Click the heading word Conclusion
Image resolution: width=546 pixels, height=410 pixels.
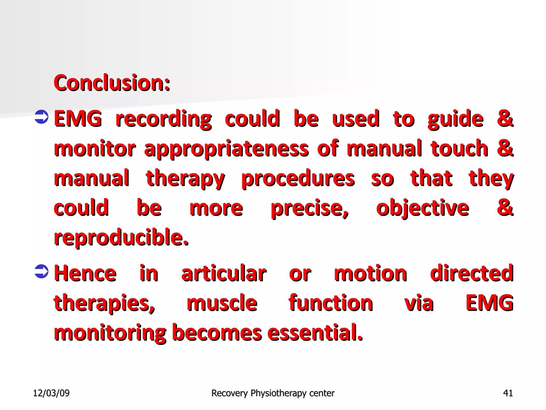pos(112,83)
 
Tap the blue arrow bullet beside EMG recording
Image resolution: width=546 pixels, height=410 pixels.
pos(42,117)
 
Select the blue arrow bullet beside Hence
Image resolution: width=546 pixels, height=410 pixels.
pos(42,271)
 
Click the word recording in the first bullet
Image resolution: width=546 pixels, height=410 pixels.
pos(164,119)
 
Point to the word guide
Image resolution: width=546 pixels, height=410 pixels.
pos(455,119)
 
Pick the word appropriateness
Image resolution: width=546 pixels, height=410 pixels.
pos(226,149)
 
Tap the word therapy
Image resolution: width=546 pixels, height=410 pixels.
pos(185,179)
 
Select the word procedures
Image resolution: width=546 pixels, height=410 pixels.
pos(298,179)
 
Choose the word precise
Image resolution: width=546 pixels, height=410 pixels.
pos(310,208)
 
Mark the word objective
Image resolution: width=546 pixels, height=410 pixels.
pos(423,208)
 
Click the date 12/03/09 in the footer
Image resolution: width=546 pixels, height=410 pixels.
pos(51,393)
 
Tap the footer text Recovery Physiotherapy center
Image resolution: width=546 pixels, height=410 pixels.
pos(273,393)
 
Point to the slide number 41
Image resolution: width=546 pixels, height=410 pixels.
pos(508,393)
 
